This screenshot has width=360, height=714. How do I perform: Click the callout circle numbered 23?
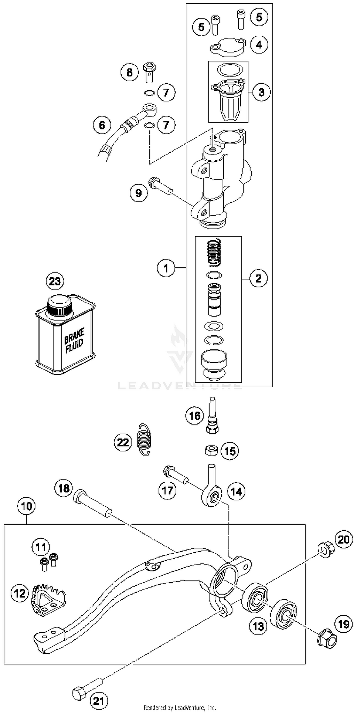point(55,282)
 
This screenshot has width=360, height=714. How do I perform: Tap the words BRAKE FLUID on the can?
point(74,340)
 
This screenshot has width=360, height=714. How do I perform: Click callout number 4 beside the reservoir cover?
point(259,44)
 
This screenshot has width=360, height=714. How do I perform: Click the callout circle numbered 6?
point(102,125)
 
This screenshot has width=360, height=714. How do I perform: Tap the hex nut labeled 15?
point(211,451)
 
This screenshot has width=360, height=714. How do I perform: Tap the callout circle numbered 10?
point(26,506)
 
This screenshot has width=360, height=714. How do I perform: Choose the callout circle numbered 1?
point(166,268)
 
